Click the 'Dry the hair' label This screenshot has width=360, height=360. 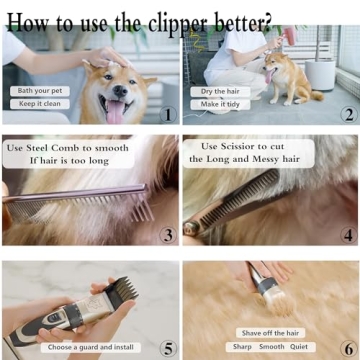pyautogui.click(x=218, y=91)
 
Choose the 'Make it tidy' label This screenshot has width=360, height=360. pyautogui.click(x=218, y=104)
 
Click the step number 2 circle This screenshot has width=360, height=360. pyautogui.click(x=347, y=114)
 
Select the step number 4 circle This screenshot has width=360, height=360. pyautogui.click(x=347, y=235)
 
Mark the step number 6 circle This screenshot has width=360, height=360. pyautogui.click(x=347, y=348)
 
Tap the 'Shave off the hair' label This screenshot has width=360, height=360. pyautogui.click(x=270, y=332)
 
